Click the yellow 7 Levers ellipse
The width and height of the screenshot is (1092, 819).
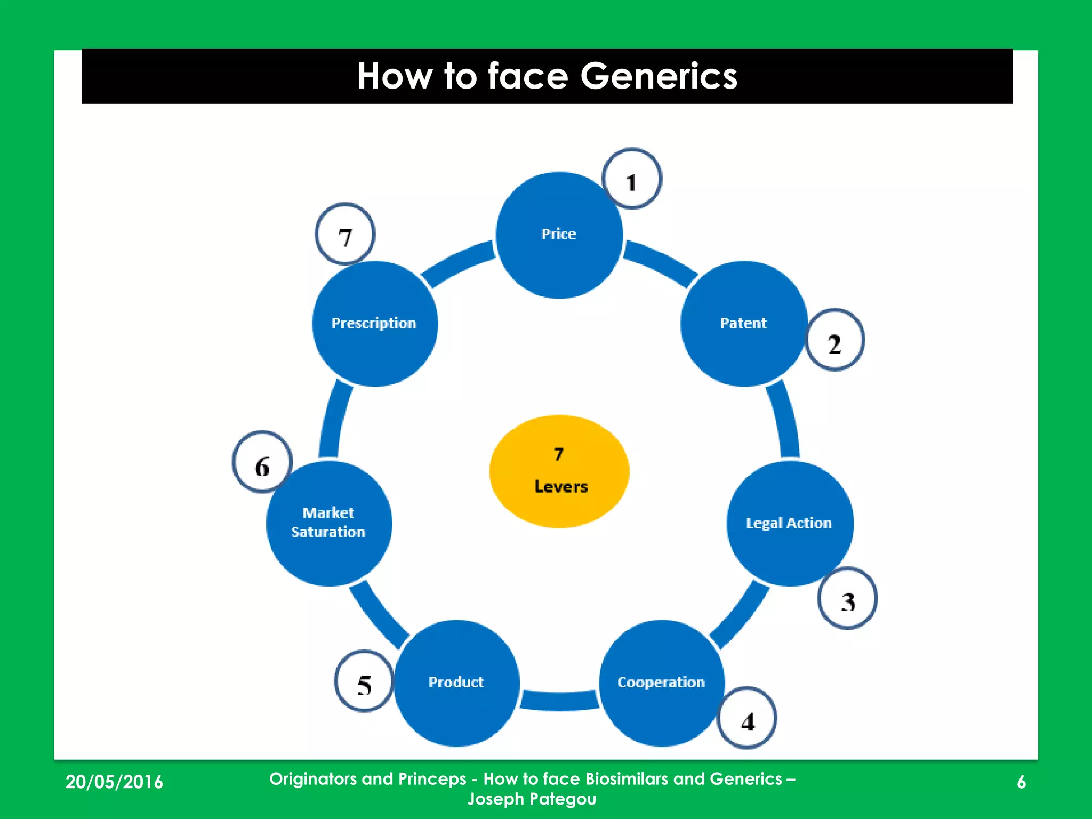pos(559,471)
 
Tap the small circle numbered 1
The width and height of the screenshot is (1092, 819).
pos(632,179)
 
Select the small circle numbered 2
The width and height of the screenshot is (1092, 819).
pos(834,340)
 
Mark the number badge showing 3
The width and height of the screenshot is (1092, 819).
pos(847,598)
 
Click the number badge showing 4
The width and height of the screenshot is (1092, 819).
pos(747,718)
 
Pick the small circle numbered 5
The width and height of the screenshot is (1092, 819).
pos(364,681)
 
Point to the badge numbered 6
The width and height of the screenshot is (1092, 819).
pos(262,462)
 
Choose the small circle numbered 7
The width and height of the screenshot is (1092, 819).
pos(345,234)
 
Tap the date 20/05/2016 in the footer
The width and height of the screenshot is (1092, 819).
pos(114,782)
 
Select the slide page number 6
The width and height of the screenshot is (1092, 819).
pos(1021,782)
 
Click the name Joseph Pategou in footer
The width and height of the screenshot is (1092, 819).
pos(532,799)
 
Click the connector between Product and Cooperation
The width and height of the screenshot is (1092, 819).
pos(559,700)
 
